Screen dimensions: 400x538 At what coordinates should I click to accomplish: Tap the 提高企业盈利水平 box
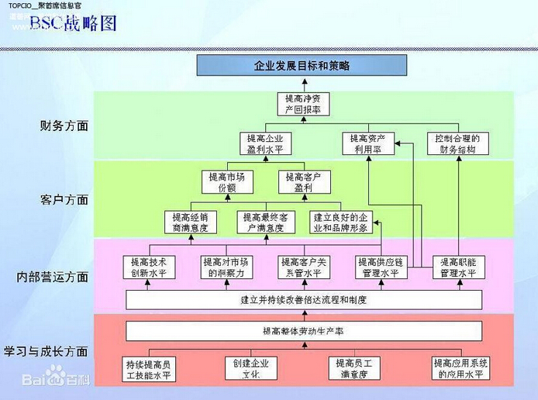tap(264, 143)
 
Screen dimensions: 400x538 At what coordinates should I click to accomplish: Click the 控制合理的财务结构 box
tap(457, 143)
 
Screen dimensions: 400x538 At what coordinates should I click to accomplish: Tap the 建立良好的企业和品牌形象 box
tap(342, 222)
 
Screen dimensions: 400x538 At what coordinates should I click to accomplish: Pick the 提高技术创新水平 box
tap(149, 267)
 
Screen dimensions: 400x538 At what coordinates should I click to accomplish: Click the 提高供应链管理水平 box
tap(381, 267)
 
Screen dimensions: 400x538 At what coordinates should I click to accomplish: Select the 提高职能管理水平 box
tap(457, 267)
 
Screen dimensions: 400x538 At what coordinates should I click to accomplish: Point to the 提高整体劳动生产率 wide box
tap(303, 331)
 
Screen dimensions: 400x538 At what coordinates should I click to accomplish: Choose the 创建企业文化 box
tap(250, 368)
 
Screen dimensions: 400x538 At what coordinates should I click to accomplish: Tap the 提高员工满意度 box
tap(353, 368)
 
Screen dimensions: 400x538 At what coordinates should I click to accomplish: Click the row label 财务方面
tap(64, 124)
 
